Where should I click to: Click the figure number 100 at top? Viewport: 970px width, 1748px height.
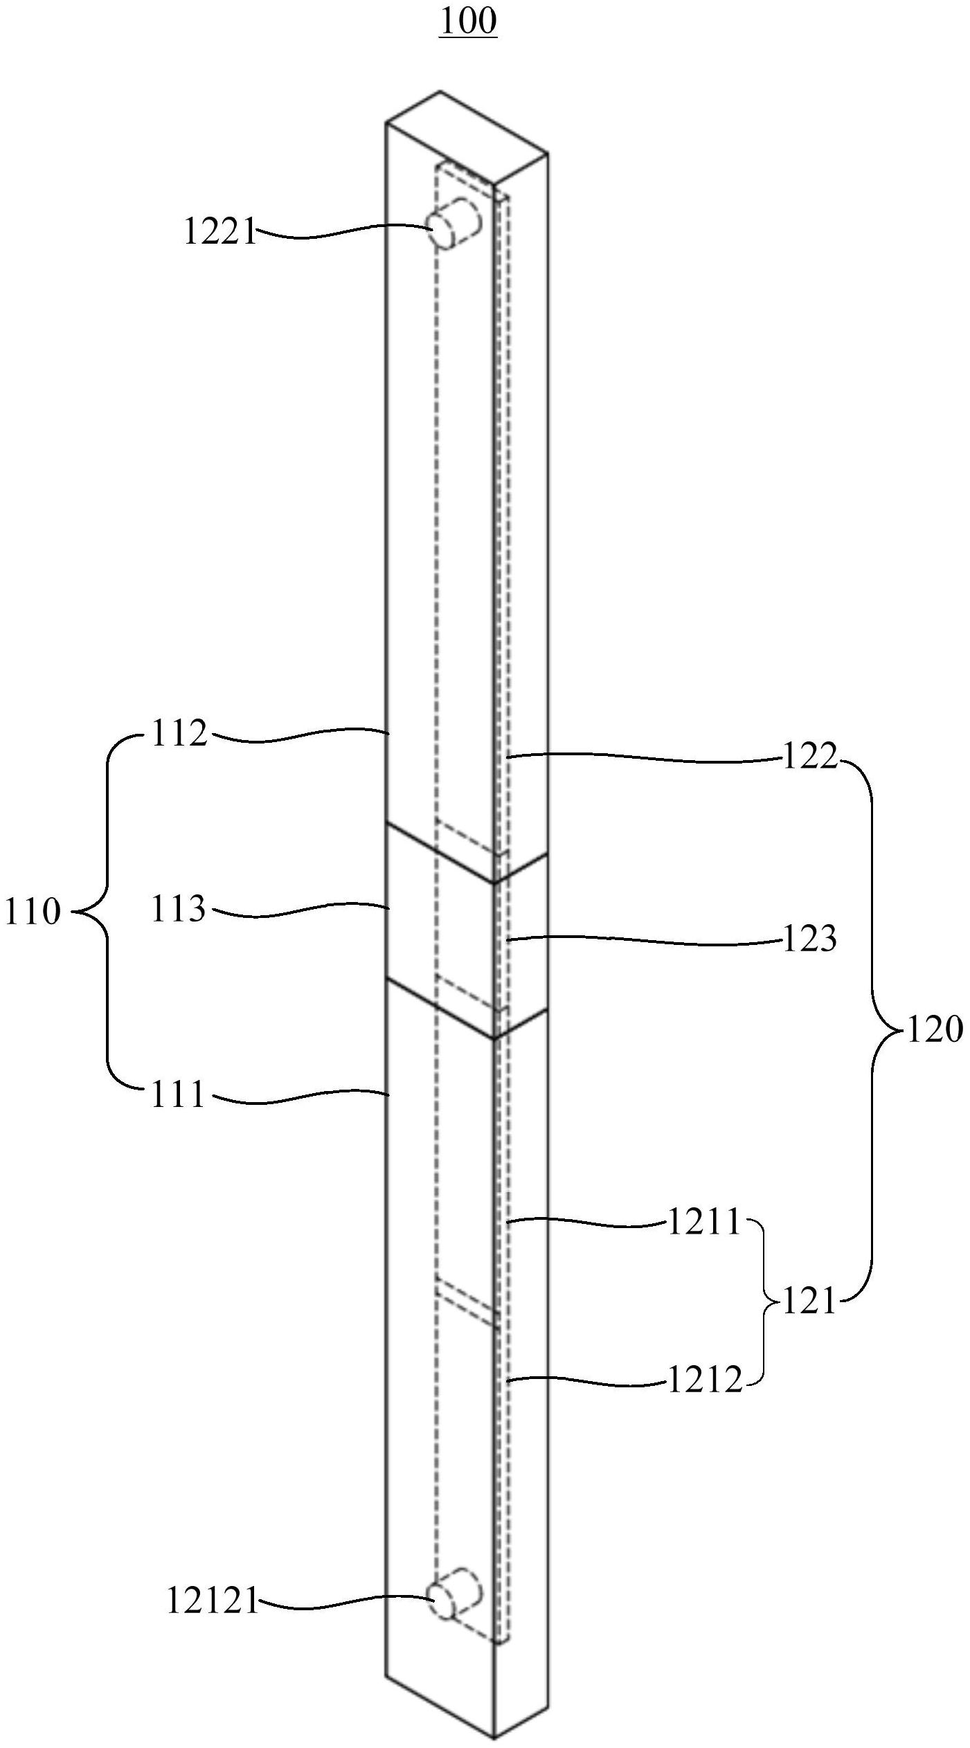[x=468, y=21]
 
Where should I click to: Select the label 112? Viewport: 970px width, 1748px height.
[x=179, y=733]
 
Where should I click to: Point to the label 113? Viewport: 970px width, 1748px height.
[x=179, y=909]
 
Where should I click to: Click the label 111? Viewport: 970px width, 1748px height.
[x=179, y=1094]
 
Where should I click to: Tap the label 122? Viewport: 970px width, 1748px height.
[x=810, y=757]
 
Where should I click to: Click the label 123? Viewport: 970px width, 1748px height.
[x=810, y=939]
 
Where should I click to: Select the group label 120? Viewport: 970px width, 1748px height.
[x=935, y=1030]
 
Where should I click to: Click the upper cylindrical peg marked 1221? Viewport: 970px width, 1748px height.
[x=454, y=223]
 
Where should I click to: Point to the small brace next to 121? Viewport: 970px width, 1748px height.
[x=764, y=1302]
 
